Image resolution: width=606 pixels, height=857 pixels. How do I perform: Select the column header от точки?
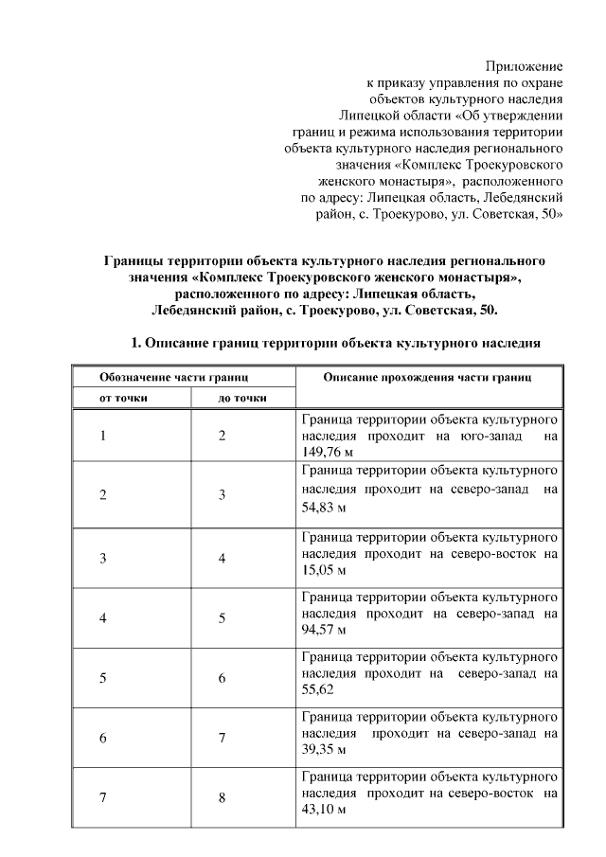[124, 398]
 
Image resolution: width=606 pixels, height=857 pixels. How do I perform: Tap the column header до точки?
[242, 398]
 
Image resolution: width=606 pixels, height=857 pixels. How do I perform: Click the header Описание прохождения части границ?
[428, 377]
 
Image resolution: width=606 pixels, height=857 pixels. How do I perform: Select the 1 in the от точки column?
[102, 436]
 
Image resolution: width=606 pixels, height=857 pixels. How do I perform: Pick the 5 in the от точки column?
[102, 677]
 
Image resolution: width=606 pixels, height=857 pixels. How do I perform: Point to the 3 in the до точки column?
[222, 495]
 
